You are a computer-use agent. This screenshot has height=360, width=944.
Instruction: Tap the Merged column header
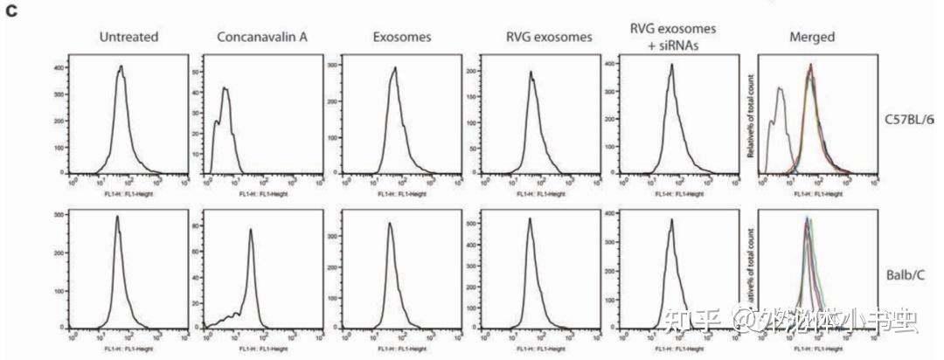(810, 37)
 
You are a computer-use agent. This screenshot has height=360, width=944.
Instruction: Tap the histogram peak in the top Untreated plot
(121, 66)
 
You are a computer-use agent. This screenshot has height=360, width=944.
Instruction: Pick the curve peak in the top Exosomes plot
(394, 67)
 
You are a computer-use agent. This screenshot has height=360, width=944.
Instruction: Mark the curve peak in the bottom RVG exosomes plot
(530, 218)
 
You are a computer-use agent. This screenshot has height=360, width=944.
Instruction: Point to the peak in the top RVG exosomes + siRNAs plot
(670, 64)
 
